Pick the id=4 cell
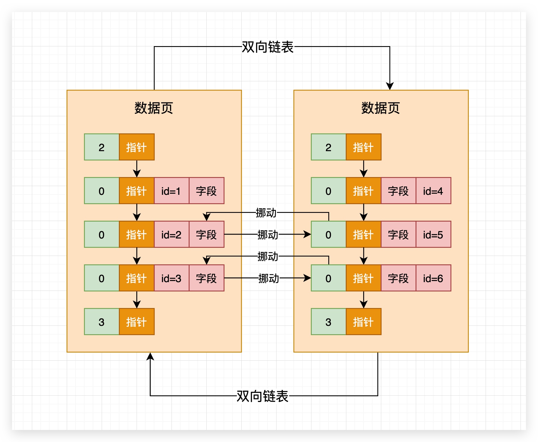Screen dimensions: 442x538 433,191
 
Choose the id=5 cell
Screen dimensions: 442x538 433,235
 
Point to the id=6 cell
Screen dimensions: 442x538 433,278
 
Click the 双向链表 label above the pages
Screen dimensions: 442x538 267,47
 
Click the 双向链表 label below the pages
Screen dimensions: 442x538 262,396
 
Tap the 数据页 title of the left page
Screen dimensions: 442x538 154,108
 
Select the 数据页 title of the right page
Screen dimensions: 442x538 381,108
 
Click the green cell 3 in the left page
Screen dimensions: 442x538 102,322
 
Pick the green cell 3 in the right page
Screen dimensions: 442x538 329,322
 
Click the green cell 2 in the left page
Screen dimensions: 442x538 102,147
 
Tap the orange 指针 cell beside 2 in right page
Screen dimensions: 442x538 363,147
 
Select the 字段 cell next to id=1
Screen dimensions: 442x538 206,191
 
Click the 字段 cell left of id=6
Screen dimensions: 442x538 398,278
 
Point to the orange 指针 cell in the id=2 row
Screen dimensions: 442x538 137,235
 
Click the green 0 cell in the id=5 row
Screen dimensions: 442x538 329,235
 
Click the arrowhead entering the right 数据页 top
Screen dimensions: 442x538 390,86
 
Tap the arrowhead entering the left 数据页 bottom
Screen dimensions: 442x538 150,356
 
